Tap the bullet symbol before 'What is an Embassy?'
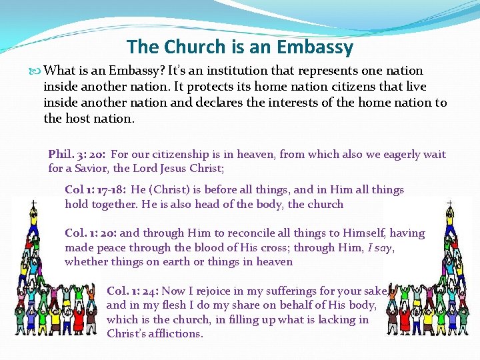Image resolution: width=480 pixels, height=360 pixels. tap(35, 71)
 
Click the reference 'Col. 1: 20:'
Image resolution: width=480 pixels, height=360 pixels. tap(91, 233)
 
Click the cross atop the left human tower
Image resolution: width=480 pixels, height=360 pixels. tap(15, 201)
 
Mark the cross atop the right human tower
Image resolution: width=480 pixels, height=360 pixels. tap(448, 201)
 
